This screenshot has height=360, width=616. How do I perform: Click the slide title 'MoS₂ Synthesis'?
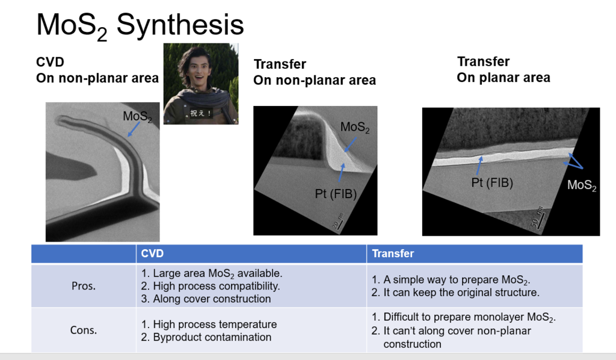140,26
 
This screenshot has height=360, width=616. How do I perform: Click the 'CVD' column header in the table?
152,253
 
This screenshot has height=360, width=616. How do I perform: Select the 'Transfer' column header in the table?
393,253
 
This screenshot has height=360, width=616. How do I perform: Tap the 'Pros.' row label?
83,286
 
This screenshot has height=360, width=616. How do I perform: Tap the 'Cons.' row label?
83,330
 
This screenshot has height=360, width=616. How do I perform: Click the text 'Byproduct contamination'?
206,337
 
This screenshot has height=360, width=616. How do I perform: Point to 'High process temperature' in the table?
209,324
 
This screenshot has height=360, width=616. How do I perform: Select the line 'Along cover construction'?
206,299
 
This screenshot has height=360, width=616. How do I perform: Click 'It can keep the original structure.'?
456,293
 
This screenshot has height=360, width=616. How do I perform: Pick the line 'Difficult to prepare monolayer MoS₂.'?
464,317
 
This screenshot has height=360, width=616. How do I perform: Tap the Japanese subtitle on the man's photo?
201,113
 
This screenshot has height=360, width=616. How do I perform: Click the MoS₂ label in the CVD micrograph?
137,117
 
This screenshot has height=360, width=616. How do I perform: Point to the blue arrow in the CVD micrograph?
134,129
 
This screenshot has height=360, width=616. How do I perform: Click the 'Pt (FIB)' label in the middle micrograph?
336,194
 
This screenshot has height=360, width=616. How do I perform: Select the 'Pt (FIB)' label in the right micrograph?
492,183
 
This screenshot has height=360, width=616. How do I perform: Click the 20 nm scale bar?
337,222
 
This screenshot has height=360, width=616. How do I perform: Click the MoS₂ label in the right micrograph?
582,185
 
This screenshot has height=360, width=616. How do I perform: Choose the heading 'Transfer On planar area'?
504,70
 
